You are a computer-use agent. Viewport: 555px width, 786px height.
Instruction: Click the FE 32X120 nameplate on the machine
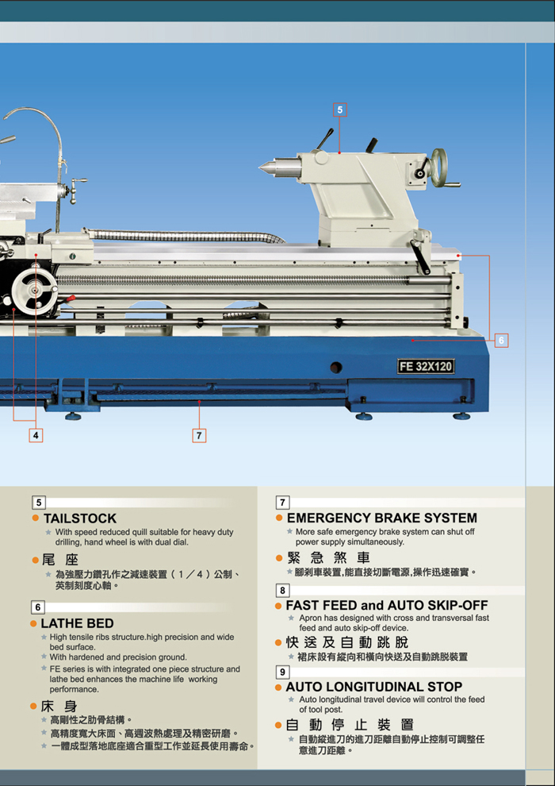click(x=426, y=367)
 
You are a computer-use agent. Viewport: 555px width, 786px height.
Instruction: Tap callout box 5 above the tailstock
click(x=340, y=110)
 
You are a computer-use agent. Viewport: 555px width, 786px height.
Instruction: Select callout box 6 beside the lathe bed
click(x=501, y=341)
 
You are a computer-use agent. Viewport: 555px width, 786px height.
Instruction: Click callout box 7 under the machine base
click(x=199, y=435)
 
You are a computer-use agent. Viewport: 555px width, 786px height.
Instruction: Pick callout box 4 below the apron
click(x=36, y=435)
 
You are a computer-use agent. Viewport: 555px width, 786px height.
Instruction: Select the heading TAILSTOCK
click(x=80, y=518)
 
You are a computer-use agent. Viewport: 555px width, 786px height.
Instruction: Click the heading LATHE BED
click(x=77, y=623)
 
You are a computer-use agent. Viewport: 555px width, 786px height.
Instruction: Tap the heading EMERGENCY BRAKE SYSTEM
click(x=382, y=518)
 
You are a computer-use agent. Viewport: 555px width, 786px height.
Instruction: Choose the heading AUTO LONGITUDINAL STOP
click(x=374, y=687)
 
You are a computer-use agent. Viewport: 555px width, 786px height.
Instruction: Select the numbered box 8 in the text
click(x=283, y=591)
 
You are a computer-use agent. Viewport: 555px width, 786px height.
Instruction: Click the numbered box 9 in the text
click(x=283, y=672)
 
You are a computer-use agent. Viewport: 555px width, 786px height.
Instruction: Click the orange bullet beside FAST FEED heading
click(x=279, y=606)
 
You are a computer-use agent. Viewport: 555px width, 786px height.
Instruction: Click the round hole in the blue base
click(x=336, y=367)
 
